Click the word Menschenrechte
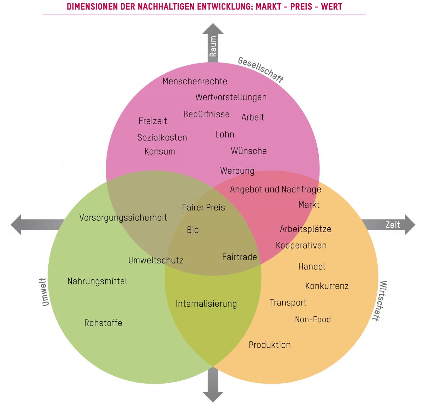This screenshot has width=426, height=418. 195,82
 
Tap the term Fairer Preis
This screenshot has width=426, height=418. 203,207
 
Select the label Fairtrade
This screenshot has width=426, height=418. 239,257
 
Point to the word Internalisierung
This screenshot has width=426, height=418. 206,304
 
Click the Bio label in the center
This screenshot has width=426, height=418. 193,230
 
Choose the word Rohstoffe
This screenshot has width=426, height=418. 103,323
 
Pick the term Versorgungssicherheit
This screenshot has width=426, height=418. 123,218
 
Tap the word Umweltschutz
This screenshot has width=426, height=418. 155,261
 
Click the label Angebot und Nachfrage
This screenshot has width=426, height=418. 275,189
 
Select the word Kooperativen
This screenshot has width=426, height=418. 301,245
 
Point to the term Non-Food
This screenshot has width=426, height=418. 313,319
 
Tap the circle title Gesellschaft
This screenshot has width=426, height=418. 261,70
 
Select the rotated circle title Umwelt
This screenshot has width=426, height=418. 44,292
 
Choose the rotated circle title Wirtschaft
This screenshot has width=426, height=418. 379,301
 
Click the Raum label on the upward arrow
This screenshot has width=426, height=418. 213,46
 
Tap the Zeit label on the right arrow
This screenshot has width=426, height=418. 392,225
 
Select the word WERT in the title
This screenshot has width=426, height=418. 331,6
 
